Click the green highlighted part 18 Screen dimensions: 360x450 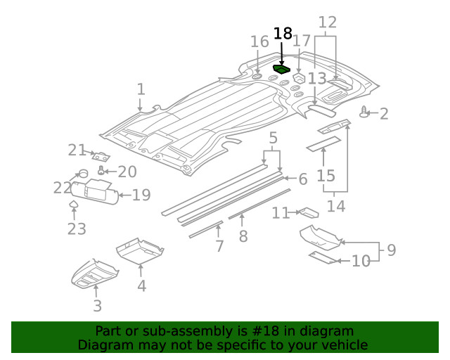(x=282, y=69)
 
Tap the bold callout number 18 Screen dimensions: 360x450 (x=282, y=33)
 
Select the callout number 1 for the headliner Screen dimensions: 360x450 (x=141, y=89)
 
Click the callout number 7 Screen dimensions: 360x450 (x=219, y=246)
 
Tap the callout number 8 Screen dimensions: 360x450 (x=243, y=236)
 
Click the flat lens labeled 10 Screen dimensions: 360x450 (x=323, y=258)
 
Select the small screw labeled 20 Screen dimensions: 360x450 (x=103, y=169)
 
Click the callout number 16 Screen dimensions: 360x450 (x=259, y=42)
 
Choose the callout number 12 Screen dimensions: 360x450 (x=327, y=23)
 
